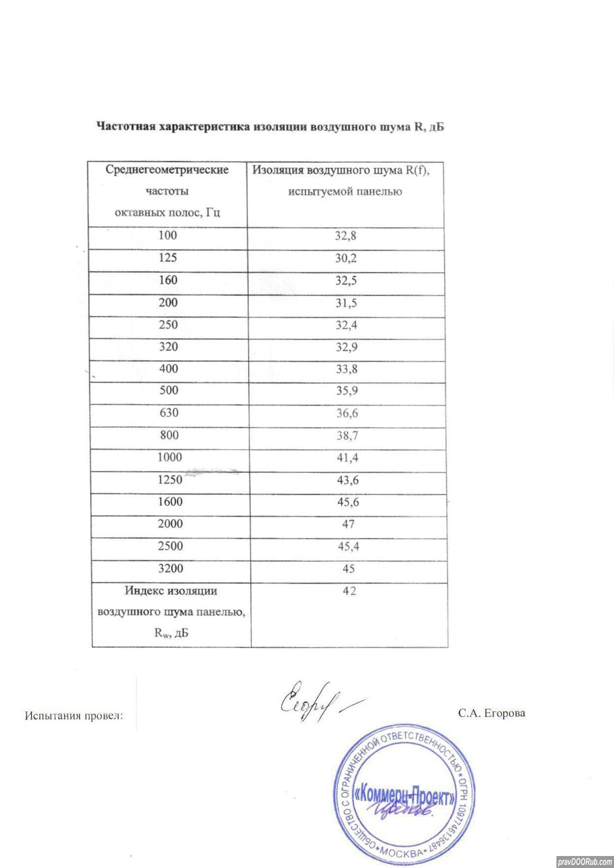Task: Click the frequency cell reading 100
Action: pyautogui.click(x=168, y=235)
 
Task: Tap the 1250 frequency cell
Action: pyautogui.click(x=170, y=480)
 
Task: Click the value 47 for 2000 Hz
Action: pyautogui.click(x=349, y=524)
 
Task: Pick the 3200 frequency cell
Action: pyautogui.click(x=170, y=568)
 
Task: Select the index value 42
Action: pyautogui.click(x=349, y=591)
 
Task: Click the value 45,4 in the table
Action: pyautogui.click(x=349, y=546)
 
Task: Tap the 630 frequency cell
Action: pyautogui.click(x=169, y=413)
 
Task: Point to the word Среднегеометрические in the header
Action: pyautogui.click(x=167, y=170)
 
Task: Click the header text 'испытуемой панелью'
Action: pyautogui.click(x=345, y=192)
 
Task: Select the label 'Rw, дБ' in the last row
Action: pyautogui.click(x=171, y=633)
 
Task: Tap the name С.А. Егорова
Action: pyautogui.click(x=491, y=713)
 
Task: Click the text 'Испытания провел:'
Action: pyautogui.click(x=74, y=716)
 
